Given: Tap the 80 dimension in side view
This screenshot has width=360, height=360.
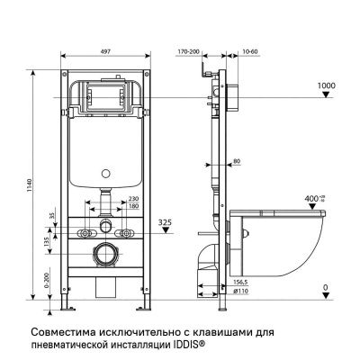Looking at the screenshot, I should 236,162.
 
